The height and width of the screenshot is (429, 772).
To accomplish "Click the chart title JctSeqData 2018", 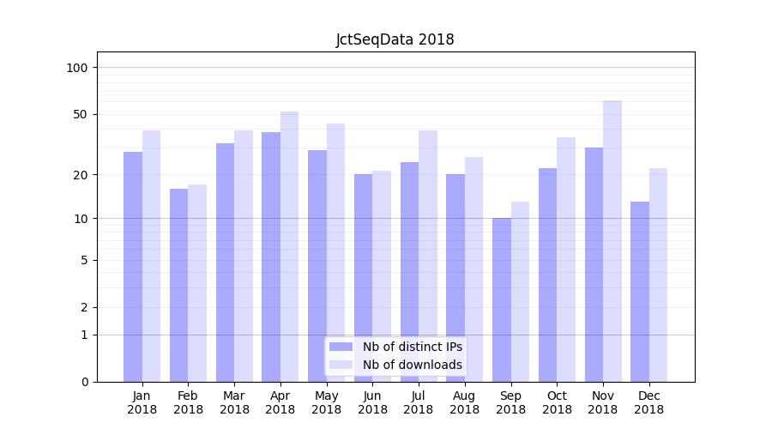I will coord(395,39).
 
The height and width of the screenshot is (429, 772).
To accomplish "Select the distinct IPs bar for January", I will coord(133,266).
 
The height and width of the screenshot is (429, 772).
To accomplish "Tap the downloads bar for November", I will coord(612,240).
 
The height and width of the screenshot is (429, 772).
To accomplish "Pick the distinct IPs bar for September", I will coord(502,299).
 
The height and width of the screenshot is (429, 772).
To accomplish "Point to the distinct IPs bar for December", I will coord(640,292).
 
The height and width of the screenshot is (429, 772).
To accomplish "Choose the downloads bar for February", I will coord(197,282).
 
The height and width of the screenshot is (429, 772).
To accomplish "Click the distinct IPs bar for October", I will coord(548,275).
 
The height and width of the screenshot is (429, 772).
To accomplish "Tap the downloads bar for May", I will coord(336,252).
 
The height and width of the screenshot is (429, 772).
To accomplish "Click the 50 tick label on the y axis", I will coord(81,114).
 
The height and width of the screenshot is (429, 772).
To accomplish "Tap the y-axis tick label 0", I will coord(84,382).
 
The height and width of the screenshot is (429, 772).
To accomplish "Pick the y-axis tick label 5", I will coord(84,260).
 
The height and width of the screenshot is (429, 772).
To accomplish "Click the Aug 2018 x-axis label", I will coord(465,402).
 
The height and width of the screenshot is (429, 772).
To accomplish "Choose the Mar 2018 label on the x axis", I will coord(234,402).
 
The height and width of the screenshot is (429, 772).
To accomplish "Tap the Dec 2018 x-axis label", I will coord(649,402).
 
